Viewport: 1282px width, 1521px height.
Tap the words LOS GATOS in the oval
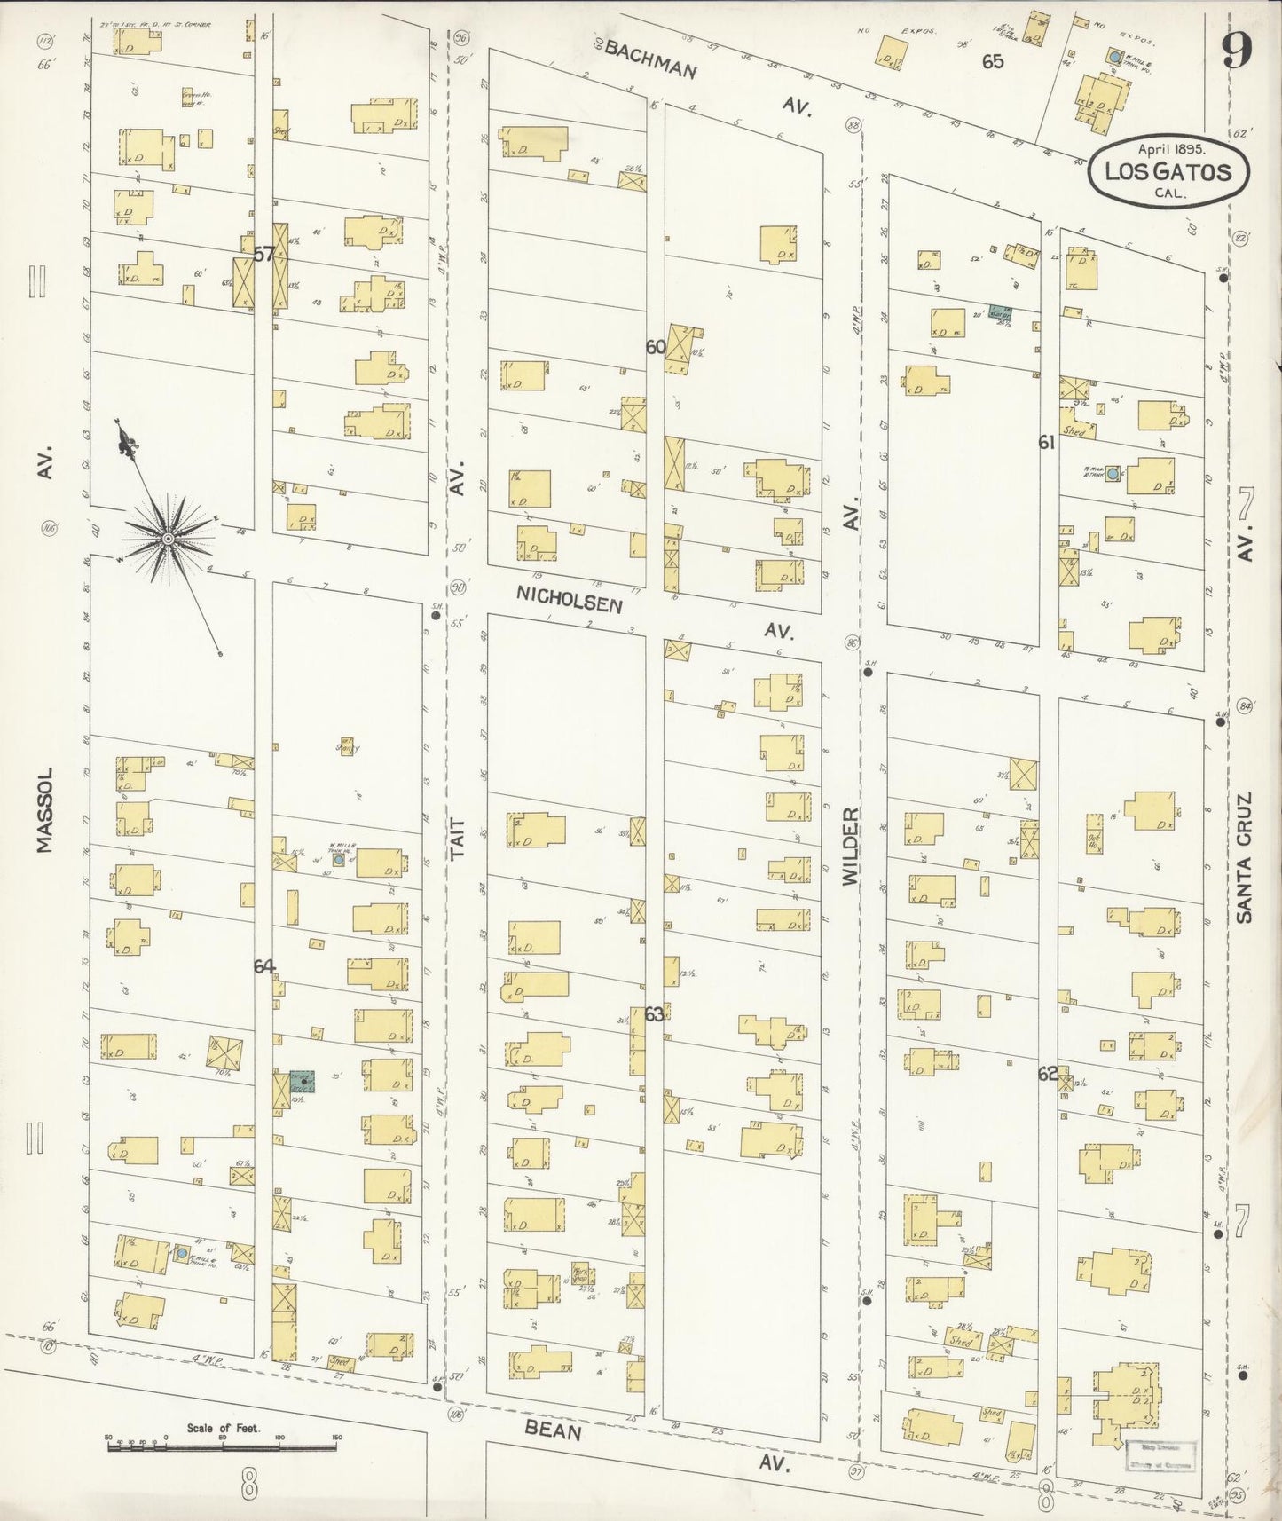pos(1168,171)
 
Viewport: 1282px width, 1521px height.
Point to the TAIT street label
pos(458,839)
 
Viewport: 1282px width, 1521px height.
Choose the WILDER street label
pos(850,844)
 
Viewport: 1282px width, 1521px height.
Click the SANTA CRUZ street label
pos(1244,857)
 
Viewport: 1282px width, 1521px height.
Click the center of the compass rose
pos(167,538)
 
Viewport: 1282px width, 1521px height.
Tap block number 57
pos(263,255)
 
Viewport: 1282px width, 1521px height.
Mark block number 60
pos(656,347)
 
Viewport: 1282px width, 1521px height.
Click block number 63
pos(655,1013)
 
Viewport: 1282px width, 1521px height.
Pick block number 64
pos(263,967)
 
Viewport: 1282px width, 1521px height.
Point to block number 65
pos(993,61)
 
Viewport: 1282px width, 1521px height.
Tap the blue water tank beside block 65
pos(1113,59)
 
